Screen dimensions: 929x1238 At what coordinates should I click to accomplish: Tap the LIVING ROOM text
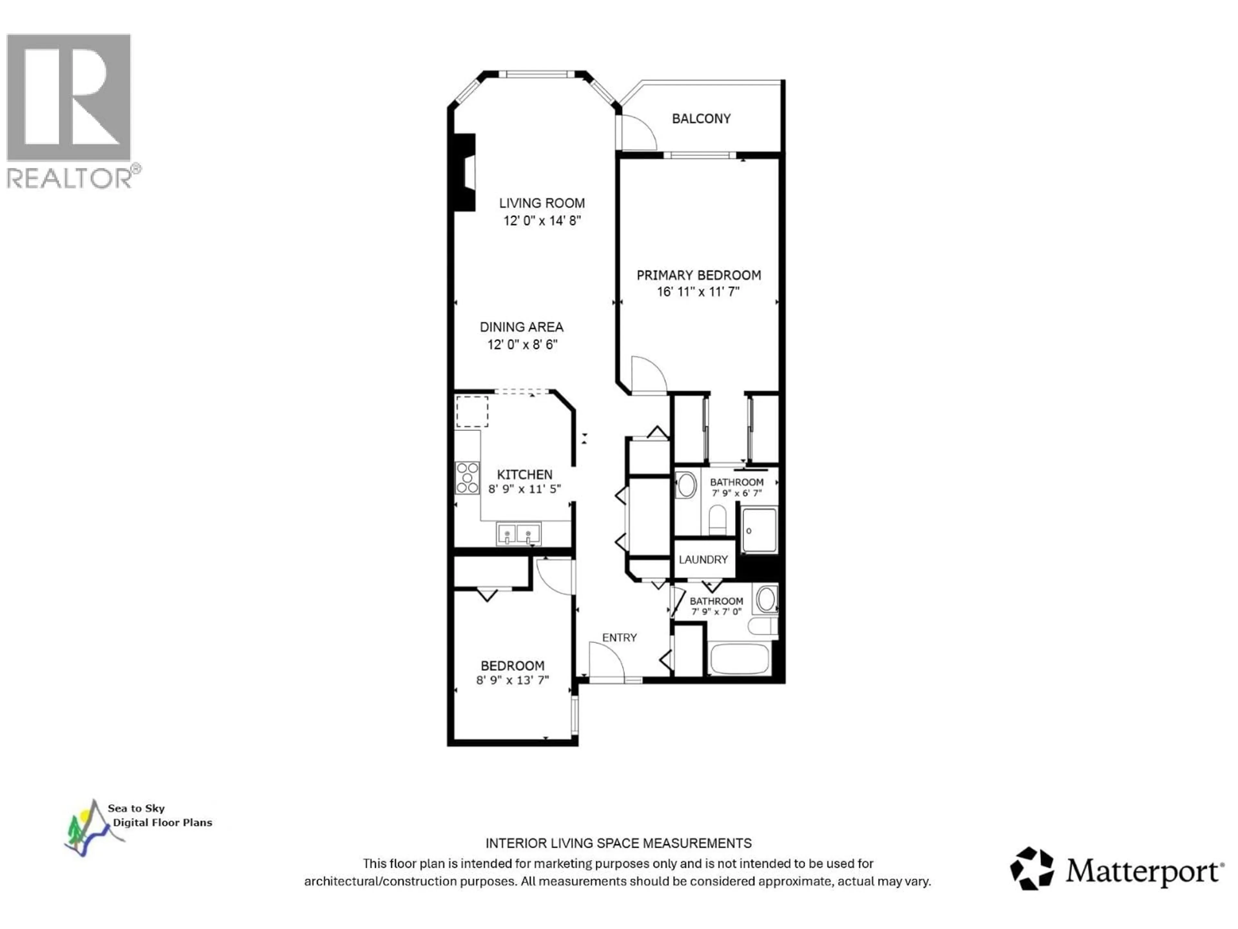(542, 203)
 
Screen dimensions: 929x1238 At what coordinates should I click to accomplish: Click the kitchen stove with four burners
(467, 478)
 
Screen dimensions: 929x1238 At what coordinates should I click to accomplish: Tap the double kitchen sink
(518, 534)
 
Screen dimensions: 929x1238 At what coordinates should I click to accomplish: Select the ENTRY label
(619, 637)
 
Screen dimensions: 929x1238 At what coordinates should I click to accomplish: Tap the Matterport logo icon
(1031, 869)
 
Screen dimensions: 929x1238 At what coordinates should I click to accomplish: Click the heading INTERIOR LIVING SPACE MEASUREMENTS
(618, 843)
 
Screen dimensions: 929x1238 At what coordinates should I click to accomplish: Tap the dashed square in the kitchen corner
(472, 412)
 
